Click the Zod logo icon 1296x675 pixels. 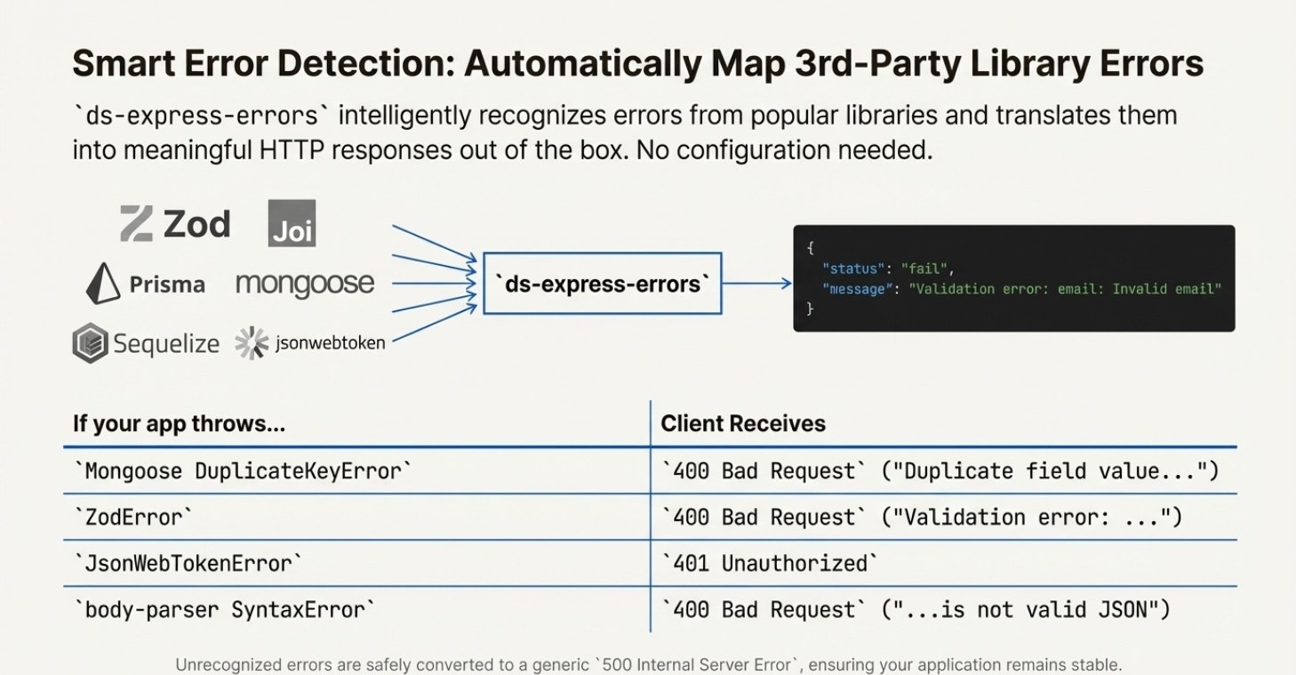click(136, 223)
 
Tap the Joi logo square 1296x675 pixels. click(292, 223)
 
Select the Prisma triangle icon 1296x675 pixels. click(103, 285)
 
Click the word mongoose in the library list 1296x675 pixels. click(305, 285)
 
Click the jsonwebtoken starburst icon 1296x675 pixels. click(252, 343)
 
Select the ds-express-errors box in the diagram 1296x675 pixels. click(602, 284)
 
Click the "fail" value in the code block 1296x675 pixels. click(925, 268)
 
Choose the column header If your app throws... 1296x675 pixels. click(179, 424)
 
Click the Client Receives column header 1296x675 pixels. click(743, 424)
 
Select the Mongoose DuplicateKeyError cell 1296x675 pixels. click(244, 470)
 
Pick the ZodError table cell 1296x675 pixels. click(133, 517)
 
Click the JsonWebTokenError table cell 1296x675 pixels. click(188, 563)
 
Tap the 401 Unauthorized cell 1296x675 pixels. click(770, 563)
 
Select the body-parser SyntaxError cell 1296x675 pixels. click(225, 610)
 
